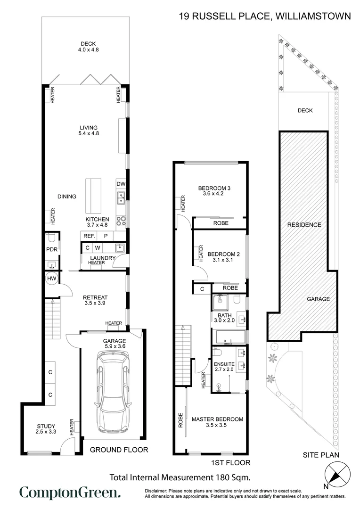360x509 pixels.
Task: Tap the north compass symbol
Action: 337,472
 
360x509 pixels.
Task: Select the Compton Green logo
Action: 70,493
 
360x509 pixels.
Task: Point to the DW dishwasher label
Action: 121,184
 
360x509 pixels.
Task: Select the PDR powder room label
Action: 51,250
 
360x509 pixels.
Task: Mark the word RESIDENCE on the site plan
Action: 304,225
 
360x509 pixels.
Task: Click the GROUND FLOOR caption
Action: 119,450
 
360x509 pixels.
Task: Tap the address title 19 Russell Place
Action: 265,16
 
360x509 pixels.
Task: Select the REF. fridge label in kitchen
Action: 89,236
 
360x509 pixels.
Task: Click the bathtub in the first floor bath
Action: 231,337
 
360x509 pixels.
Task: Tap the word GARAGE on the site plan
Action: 319,299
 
